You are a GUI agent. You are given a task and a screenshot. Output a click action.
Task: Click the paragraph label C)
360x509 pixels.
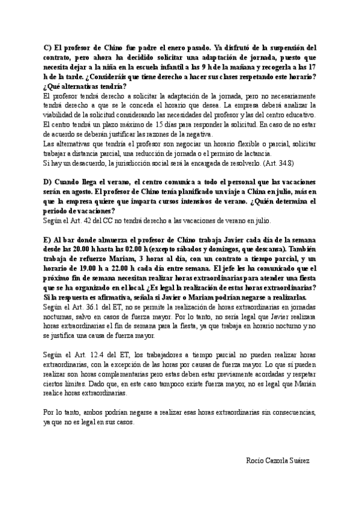(48, 48)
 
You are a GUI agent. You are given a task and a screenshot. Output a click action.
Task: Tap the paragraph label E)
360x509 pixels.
(48, 239)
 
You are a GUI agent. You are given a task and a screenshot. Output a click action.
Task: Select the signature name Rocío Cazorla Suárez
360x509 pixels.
(278, 460)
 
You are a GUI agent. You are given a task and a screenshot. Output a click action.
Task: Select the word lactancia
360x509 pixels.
(244, 153)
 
